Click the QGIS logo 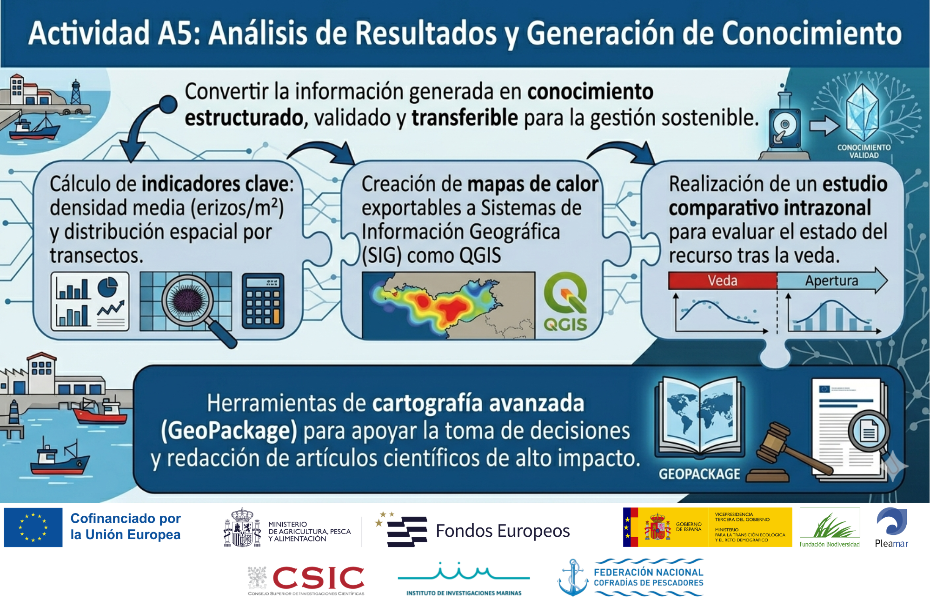click(x=565, y=302)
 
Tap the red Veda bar click(x=723, y=280)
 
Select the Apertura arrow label click(x=831, y=280)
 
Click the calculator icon click(x=263, y=301)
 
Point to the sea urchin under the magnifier click(x=187, y=300)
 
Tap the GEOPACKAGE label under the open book click(x=699, y=474)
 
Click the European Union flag click(x=33, y=527)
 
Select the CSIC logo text click(x=318, y=578)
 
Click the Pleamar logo click(x=891, y=528)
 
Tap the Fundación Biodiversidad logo click(x=830, y=527)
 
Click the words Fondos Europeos click(x=503, y=531)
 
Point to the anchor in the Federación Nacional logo click(x=573, y=577)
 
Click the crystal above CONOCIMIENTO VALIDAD click(x=863, y=112)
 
